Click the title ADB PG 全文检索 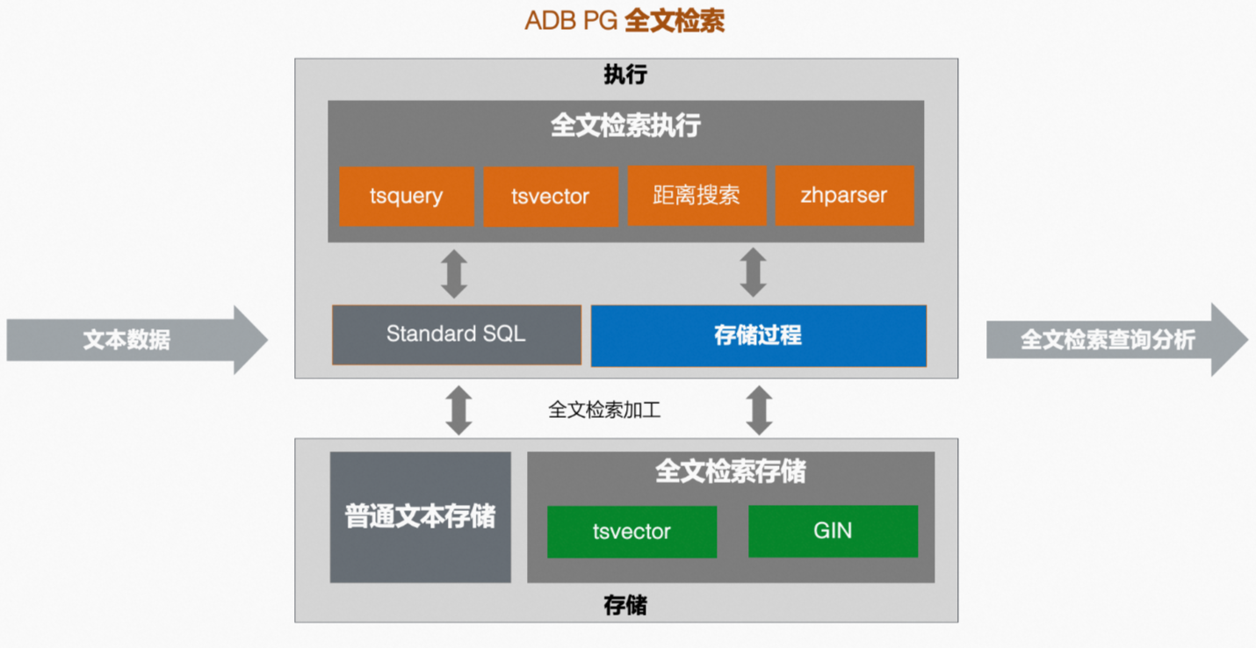[x=624, y=21]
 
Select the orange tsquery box [x=406, y=196]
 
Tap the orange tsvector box [x=550, y=196]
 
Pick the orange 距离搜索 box [x=697, y=196]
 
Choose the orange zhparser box [x=844, y=196]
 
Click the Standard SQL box [x=456, y=335]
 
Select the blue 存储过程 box [x=758, y=335]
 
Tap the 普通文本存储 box [x=420, y=517]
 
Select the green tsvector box [x=632, y=531]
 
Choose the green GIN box [x=833, y=531]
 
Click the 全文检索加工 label [x=604, y=410]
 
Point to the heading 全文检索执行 [x=625, y=126]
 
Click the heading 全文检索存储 [x=730, y=472]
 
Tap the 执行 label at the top [x=625, y=75]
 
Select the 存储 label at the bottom [x=625, y=605]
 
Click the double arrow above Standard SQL [x=454, y=273]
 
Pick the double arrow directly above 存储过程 [x=753, y=272]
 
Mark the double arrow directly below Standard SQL [x=458, y=410]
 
